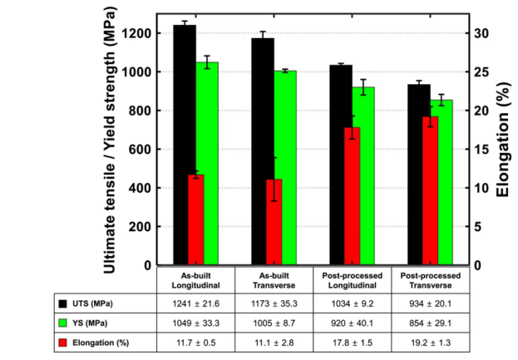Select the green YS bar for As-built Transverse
pyautogui.click(x=285, y=166)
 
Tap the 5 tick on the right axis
pyautogui.click(x=477, y=227)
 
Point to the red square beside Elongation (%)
pyautogui.click(x=63, y=342)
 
